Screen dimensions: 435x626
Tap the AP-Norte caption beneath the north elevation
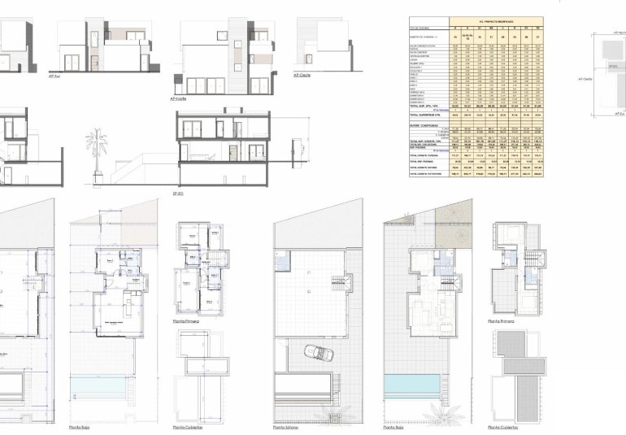179,98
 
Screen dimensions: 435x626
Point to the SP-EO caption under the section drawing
178,194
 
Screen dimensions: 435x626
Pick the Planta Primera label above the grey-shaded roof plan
501,322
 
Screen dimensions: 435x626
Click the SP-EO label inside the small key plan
613,66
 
